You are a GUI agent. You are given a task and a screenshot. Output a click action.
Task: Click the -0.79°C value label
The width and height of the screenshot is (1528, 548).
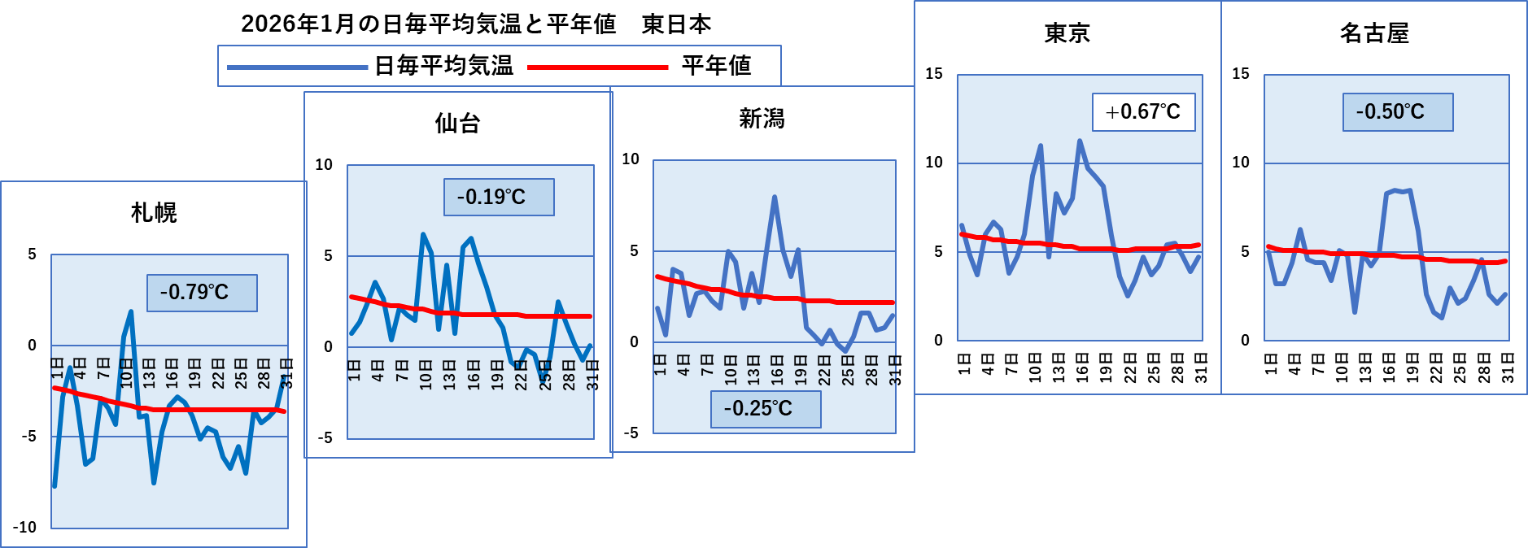pos(202,293)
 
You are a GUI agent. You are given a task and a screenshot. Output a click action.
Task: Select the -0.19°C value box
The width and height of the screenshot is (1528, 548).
pos(499,197)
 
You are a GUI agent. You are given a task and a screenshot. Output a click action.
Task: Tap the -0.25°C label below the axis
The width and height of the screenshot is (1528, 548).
pos(766,409)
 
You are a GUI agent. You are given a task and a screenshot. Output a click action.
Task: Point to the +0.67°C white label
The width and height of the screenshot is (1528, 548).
pos(1143,112)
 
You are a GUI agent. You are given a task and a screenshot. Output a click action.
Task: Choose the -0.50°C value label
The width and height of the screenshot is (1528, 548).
pos(1398,112)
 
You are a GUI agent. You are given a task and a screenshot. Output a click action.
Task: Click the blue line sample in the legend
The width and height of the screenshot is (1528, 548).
pos(298,67)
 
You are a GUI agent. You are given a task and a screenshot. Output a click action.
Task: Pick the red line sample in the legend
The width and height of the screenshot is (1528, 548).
pos(598,67)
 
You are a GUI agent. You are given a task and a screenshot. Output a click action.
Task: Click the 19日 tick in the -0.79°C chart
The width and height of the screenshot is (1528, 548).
pos(194,372)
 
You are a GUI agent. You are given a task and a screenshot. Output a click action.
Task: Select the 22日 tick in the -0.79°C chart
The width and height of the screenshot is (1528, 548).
pos(218,372)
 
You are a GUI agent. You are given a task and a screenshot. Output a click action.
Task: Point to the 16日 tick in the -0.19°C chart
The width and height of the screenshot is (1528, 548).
pos(474,376)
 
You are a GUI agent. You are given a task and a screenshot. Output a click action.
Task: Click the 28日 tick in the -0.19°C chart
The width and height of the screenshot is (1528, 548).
pos(569,376)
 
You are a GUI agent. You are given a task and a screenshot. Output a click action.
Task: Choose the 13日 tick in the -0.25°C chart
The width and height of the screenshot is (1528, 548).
pos(753,370)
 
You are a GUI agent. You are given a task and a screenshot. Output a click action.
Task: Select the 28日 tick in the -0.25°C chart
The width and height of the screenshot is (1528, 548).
pos(871,370)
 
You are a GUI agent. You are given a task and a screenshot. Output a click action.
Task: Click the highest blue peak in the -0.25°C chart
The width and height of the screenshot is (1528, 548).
pos(775,197)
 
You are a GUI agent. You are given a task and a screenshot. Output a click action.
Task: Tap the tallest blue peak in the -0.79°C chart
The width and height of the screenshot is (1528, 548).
pos(131,311)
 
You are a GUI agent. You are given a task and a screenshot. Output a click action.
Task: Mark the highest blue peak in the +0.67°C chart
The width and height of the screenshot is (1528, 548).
pos(1080,141)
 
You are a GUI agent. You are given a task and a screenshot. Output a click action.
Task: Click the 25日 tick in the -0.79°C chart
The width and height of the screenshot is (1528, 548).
pos(241,372)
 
